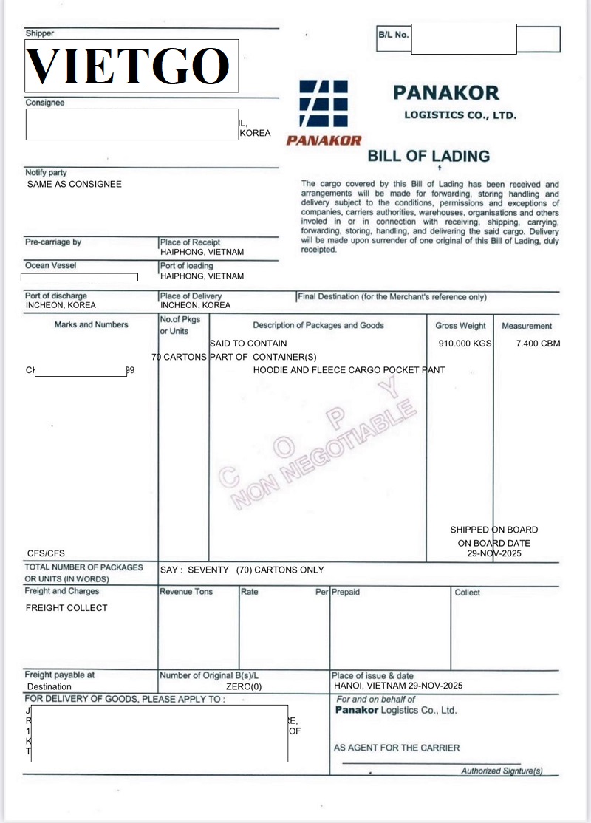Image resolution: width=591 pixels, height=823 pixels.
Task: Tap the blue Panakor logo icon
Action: (323, 104)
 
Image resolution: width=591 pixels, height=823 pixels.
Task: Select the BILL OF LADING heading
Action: (428, 156)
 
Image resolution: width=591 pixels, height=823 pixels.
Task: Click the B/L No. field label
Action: (393, 35)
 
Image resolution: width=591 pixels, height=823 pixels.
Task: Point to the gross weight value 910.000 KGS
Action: (465, 344)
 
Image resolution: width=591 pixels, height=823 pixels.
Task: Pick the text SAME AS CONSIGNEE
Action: (74, 184)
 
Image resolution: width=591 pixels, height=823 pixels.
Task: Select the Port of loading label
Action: (186, 266)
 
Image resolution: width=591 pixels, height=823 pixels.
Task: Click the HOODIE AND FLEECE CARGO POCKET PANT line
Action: (349, 370)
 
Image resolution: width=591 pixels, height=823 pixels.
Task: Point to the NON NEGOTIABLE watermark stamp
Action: (325, 454)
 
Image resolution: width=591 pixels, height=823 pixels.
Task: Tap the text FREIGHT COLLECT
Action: (66, 608)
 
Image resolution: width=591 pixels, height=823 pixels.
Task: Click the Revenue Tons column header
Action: (186, 592)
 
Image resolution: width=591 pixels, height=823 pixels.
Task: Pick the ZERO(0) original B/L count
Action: (243, 686)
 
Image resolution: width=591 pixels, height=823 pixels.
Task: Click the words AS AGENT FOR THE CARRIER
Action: (397, 748)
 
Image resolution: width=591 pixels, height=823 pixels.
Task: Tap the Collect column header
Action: (467, 593)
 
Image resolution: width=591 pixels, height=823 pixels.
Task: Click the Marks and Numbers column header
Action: (91, 325)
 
